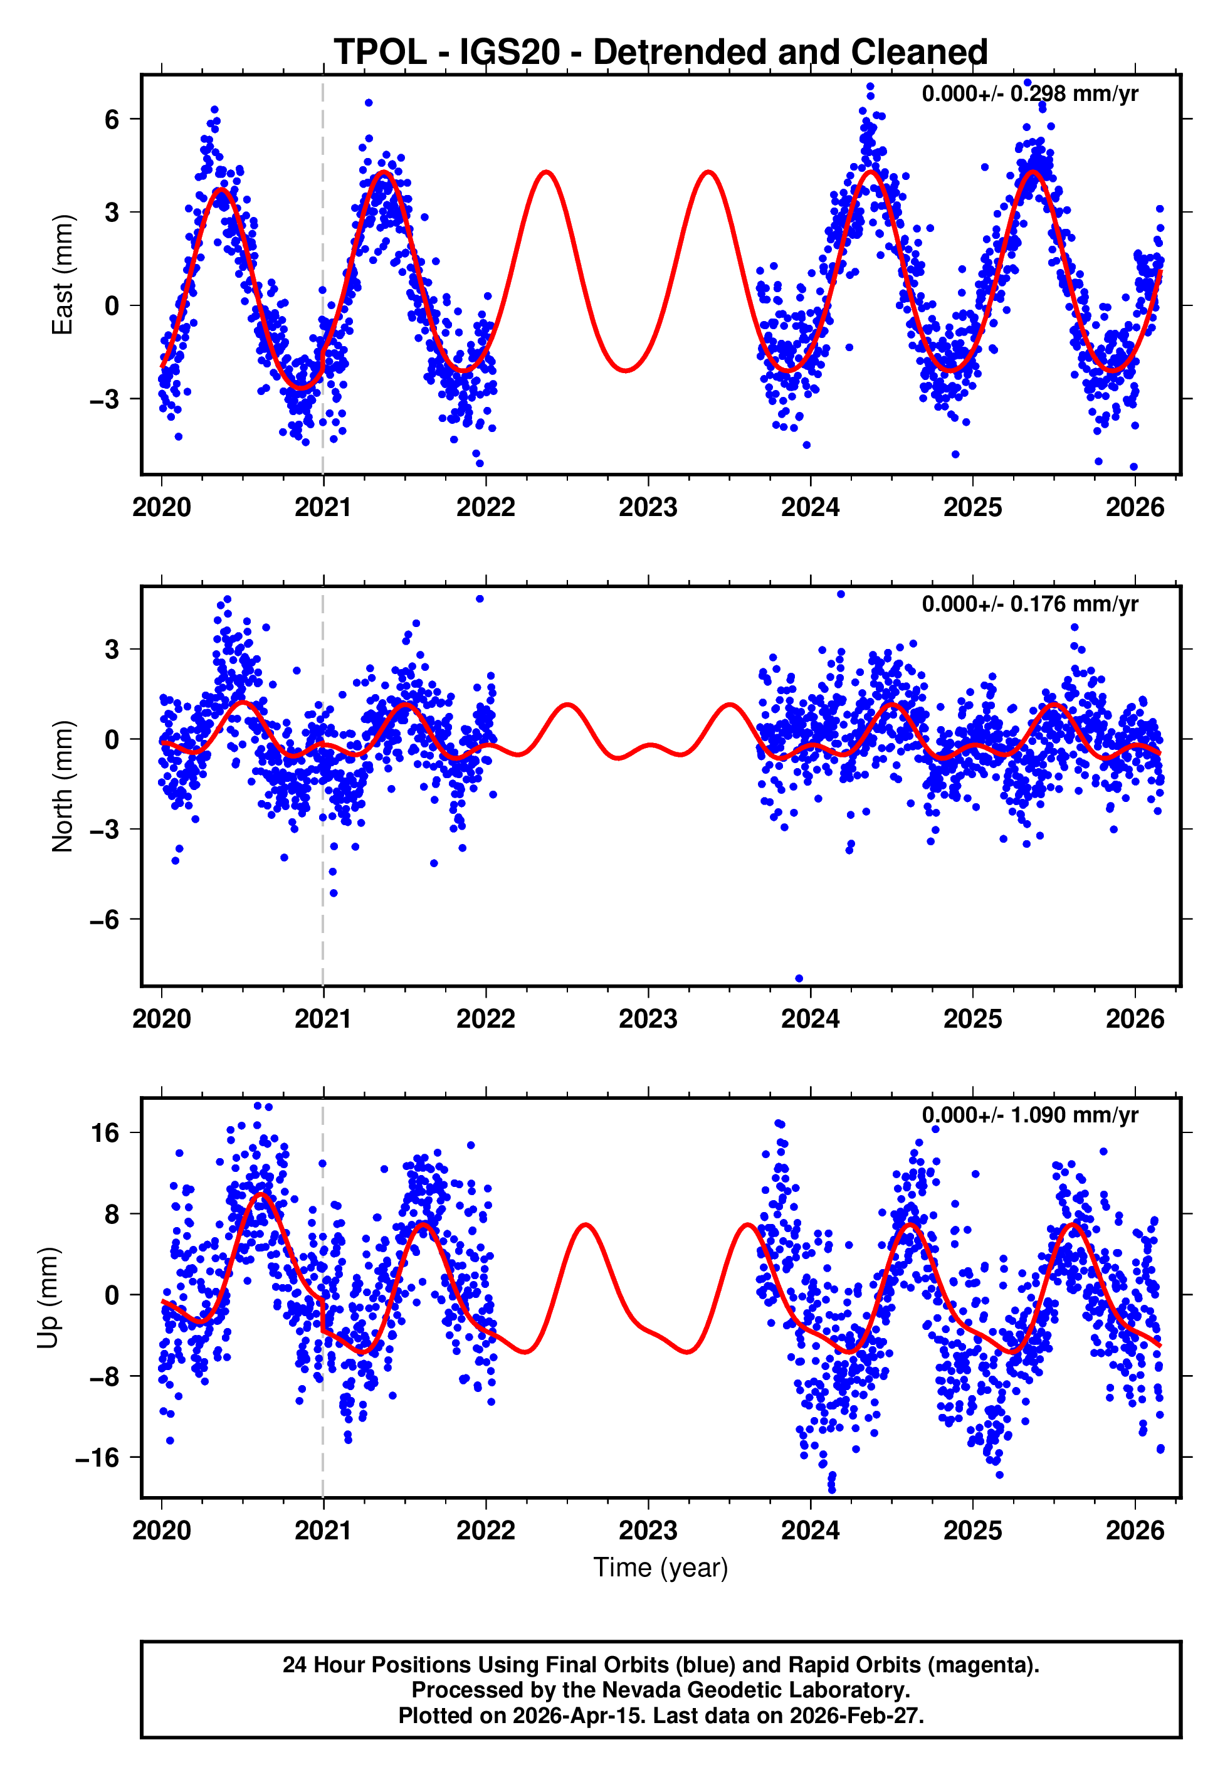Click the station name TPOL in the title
click(380, 53)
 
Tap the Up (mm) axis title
click(48, 1298)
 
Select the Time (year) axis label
click(661, 1568)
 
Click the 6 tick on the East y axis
click(112, 119)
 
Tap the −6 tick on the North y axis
click(105, 919)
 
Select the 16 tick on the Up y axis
click(105, 1133)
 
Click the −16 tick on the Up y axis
click(97, 1457)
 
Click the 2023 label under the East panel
click(648, 508)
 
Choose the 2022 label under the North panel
click(485, 1020)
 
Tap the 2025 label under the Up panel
click(972, 1531)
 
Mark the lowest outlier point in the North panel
click(799, 979)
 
